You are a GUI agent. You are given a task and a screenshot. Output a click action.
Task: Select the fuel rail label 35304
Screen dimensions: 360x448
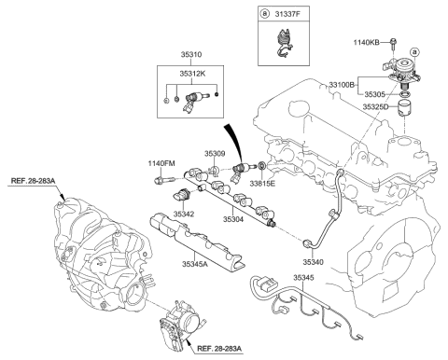(x=234, y=220)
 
